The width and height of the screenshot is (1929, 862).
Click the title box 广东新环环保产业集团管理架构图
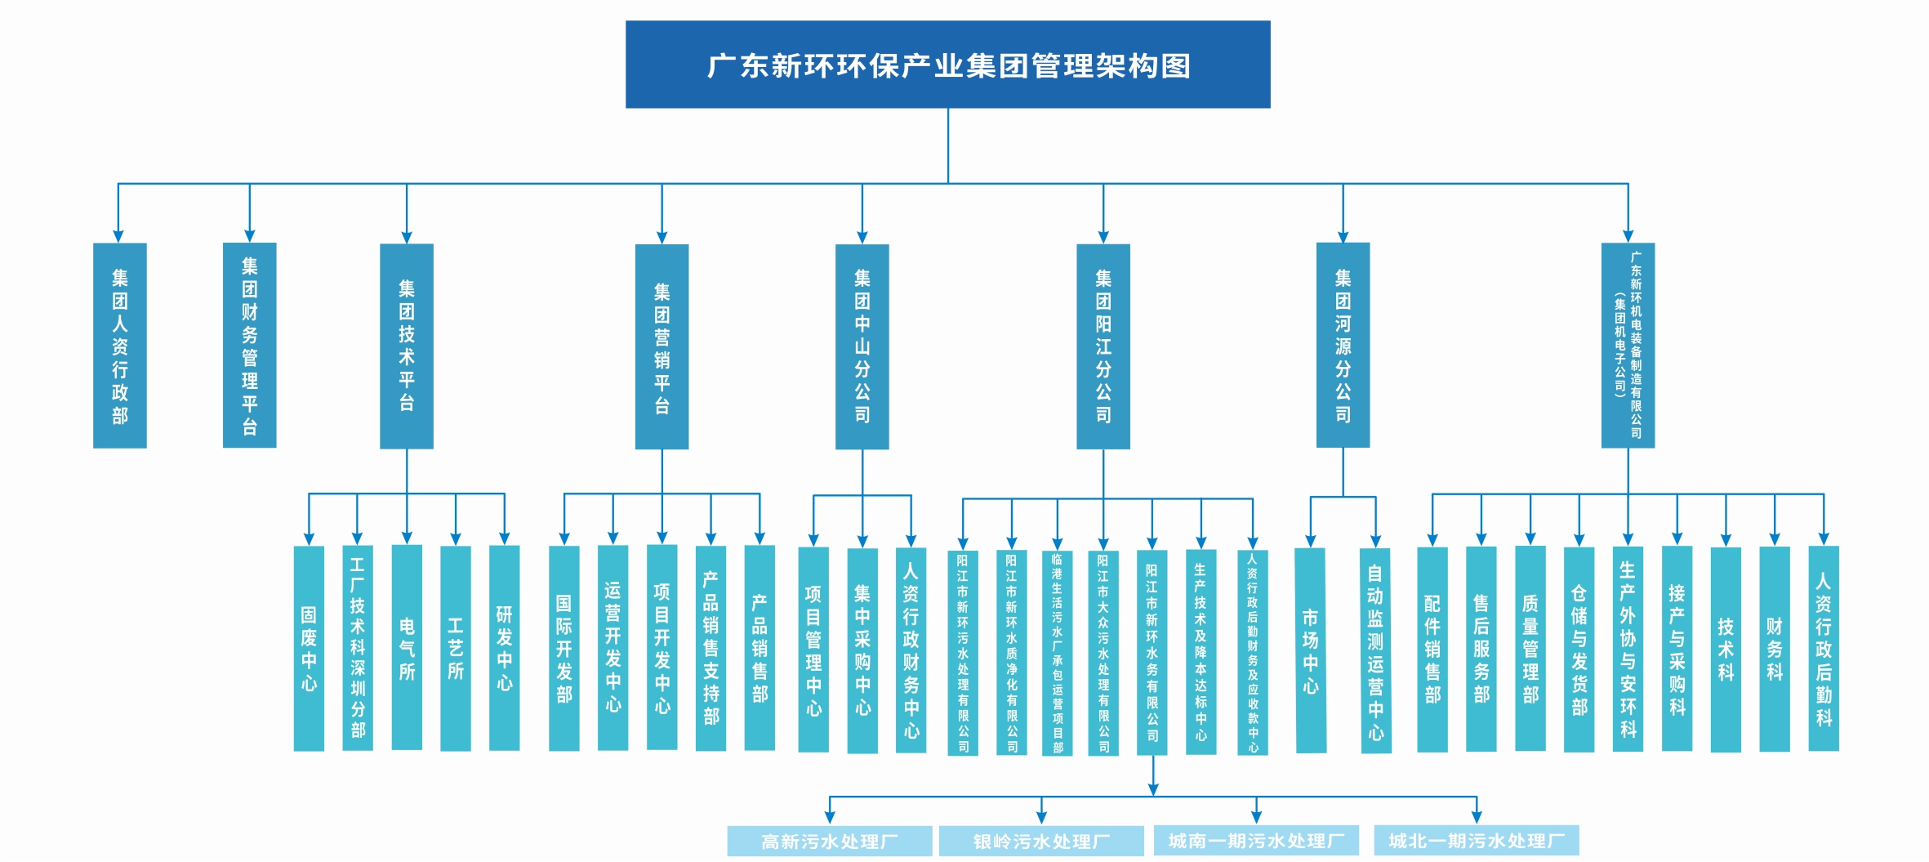947,65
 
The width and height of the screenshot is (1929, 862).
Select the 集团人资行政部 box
120,346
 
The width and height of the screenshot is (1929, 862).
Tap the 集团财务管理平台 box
250,346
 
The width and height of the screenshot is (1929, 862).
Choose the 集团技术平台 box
407,346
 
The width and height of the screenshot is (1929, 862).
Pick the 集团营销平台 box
662,346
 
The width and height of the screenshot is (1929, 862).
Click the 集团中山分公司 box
862,346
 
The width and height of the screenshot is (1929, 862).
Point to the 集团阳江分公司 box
1103,346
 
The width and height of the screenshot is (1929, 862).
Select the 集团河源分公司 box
1343,346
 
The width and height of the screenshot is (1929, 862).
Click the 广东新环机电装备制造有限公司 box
1628,346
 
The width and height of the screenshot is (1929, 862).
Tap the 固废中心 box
309,649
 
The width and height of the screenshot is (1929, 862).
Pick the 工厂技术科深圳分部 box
358,649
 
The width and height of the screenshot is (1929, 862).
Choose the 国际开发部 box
564,649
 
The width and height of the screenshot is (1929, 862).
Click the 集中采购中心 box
862,650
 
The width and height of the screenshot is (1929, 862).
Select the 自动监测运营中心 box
1376,651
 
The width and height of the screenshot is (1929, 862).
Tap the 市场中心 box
1311,651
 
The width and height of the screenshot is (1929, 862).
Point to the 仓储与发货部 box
1579,650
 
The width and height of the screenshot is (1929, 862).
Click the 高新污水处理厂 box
830,841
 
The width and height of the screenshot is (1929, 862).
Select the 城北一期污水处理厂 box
1476,840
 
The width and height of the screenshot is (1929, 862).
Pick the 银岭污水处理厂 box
1041,841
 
